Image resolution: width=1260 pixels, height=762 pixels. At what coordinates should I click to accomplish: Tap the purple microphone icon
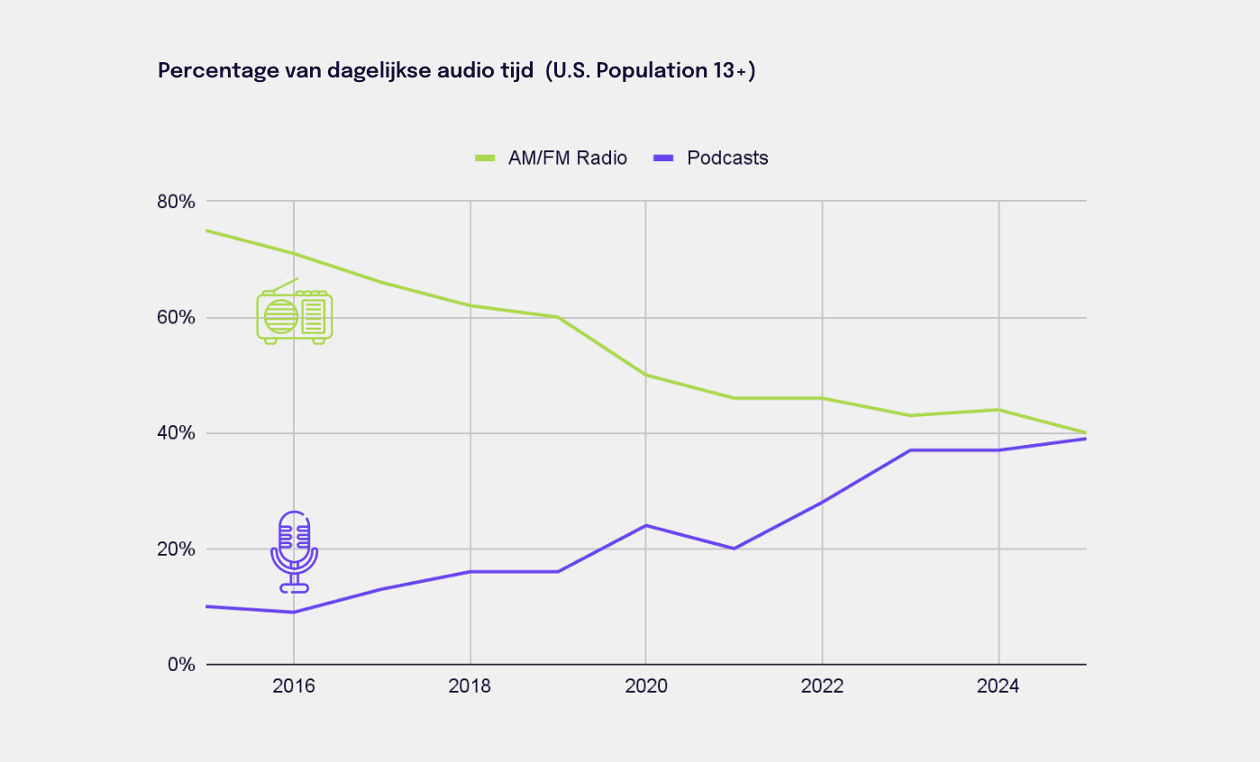pyautogui.click(x=294, y=552)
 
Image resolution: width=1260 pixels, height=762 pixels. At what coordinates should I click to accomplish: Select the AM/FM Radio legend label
pyautogui.click(x=568, y=158)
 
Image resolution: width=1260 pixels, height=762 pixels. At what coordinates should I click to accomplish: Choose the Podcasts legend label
pyautogui.click(x=727, y=158)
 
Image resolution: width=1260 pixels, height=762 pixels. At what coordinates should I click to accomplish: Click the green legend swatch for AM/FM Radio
pyautogui.click(x=485, y=159)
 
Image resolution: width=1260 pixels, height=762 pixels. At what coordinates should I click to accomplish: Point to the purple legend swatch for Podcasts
pyautogui.click(x=663, y=159)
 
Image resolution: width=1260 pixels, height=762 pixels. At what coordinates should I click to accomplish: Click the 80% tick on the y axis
pyautogui.click(x=176, y=201)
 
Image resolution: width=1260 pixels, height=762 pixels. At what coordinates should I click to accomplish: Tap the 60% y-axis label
pyautogui.click(x=176, y=317)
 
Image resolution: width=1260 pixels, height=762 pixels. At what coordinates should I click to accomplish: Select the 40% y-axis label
pyautogui.click(x=176, y=433)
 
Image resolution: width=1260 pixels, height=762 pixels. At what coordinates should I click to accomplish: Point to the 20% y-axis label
pyautogui.click(x=176, y=549)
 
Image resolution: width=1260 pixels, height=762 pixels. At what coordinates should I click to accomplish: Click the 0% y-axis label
pyautogui.click(x=181, y=665)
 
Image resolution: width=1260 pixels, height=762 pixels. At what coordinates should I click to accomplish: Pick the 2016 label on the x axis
pyautogui.click(x=294, y=686)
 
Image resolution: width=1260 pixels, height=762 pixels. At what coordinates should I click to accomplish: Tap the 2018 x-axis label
pyautogui.click(x=470, y=686)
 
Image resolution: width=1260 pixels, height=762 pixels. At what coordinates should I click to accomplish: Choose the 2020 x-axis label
pyautogui.click(x=646, y=686)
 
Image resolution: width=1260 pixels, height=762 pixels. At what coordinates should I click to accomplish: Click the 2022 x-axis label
pyautogui.click(x=822, y=686)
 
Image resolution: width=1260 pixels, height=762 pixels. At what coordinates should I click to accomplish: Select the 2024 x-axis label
pyautogui.click(x=999, y=686)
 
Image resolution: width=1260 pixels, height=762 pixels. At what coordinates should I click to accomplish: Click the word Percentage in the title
pyautogui.click(x=219, y=71)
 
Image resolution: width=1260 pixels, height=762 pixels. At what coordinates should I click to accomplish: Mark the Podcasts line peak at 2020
pyautogui.click(x=645, y=525)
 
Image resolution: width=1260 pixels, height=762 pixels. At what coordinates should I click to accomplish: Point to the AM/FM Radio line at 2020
pyautogui.click(x=645, y=375)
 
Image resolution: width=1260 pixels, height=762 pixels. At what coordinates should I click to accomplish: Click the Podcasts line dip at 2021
pyautogui.click(x=734, y=549)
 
